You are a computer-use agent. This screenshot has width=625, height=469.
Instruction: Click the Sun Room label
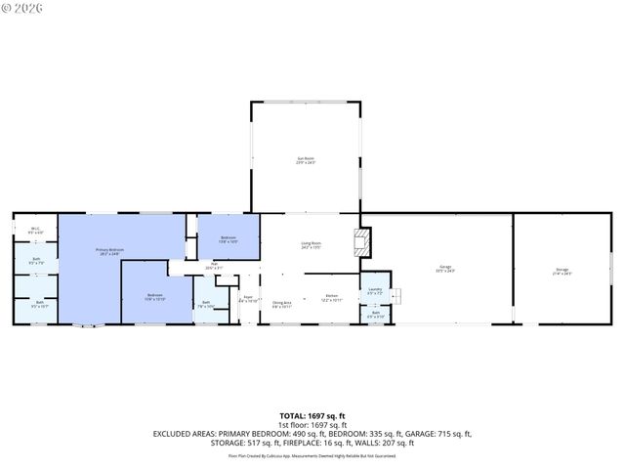click(x=306, y=159)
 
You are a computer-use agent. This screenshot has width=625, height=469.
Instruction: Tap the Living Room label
click(x=312, y=246)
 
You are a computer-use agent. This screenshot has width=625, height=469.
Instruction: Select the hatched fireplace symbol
click(x=362, y=243)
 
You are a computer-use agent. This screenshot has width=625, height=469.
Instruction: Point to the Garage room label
click(x=446, y=269)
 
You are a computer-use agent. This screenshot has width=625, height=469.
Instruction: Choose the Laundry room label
click(x=375, y=291)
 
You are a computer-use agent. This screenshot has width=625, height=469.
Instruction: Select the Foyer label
click(x=248, y=299)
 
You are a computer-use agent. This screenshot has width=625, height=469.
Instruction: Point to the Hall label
click(x=214, y=266)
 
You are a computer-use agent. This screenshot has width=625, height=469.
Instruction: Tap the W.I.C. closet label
click(x=35, y=231)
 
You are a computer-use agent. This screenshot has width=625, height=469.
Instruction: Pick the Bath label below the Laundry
click(x=375, y=316)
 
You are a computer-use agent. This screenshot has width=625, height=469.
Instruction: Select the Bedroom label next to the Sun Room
click(x=229, y=239)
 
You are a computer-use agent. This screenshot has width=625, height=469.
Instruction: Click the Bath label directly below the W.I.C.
click(x=35, y=262)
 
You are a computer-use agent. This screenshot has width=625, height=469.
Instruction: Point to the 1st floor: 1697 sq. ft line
click(x=312, y=424)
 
